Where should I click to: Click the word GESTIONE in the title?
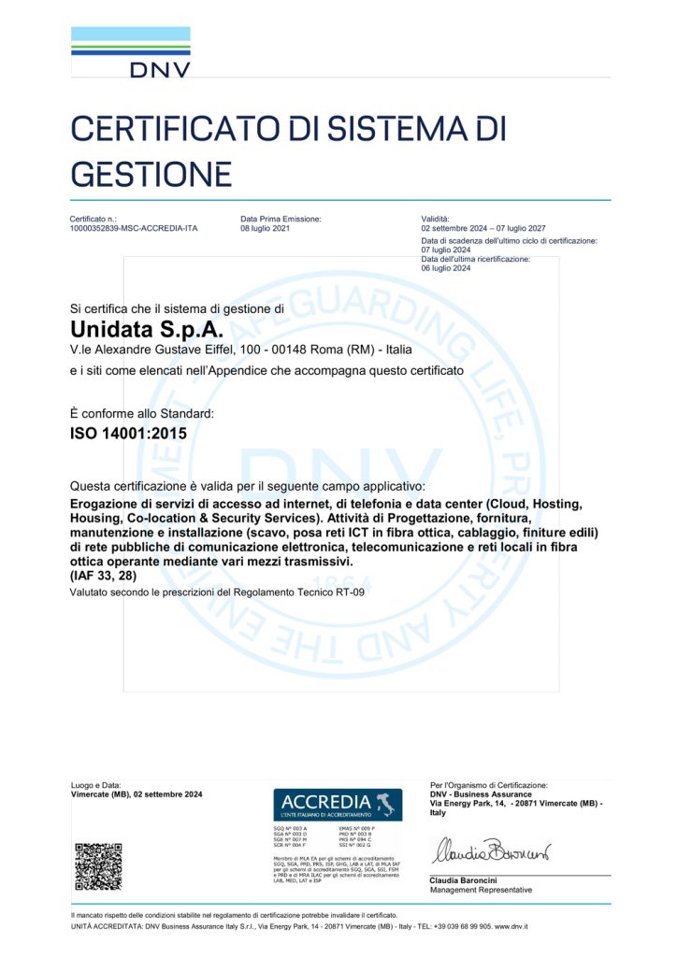[151, 174]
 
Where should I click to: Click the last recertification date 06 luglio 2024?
[446, 268]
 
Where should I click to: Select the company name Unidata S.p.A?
[147, 330]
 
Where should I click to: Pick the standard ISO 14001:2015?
[122, 434]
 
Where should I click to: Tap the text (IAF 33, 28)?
[103, 576]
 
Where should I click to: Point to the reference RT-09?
[347, 593]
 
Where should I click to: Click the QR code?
[98, 866]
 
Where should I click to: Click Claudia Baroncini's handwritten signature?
[490, 853]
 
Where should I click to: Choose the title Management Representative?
[481, 890]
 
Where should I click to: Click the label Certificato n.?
[94, 218]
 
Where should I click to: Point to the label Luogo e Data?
[96, 785]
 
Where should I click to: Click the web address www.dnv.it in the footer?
[511, 926]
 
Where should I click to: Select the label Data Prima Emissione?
[281, 218]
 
